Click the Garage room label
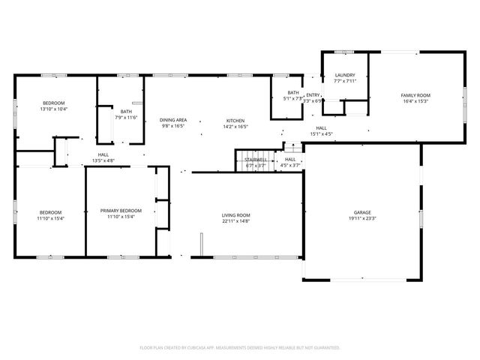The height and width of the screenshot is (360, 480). coord(361,212)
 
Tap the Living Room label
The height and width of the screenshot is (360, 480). coord(235,214)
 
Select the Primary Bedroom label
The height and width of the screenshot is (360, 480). coord(121,211)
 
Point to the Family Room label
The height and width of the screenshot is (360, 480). coord(415,95)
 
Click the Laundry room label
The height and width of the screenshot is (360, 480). coord(345,76)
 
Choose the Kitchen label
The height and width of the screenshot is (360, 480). coord(235,121)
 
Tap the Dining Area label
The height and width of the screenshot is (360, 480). coord(172,121)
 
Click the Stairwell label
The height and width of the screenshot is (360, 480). coord(256,159)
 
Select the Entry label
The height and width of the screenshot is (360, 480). coord(313,94)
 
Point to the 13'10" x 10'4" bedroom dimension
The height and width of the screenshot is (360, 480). coord(54,109)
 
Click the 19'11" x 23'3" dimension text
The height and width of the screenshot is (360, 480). coord(361,219)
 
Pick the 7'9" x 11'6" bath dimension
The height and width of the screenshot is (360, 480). coord(126,117)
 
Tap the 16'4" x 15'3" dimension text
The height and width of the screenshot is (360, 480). coord(415,101)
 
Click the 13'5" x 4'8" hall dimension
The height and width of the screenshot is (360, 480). coord(103,160)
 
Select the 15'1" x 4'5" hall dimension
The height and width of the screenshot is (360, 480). coord(321,134)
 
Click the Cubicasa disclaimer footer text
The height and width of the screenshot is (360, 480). coord(240,348)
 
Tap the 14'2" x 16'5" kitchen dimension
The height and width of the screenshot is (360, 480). coord(235,127)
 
